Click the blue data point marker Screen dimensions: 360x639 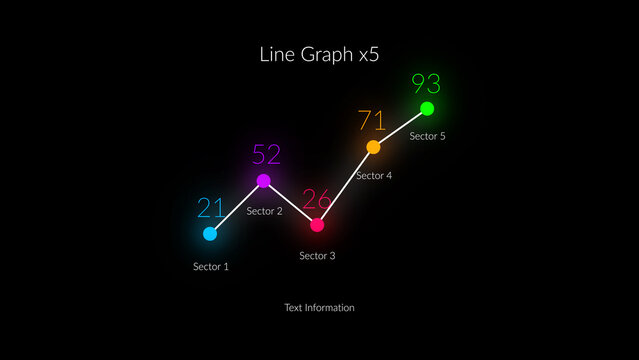coord(210,234)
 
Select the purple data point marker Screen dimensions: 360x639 coord(264,181)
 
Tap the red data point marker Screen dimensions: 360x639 coord(317,225)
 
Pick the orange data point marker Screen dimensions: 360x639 coord(373,147)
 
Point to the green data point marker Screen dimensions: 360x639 coord(427,108)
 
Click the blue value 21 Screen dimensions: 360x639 coord(211,208)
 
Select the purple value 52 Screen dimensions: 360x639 coord(266,155)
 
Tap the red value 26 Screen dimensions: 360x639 coord(317,199)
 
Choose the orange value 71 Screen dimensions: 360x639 coord(372,122)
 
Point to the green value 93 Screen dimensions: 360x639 coord(426,84)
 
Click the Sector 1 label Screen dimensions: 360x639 coord(211,267)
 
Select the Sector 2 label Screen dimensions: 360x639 coord(265,211)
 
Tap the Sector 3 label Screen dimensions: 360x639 coord(317,256)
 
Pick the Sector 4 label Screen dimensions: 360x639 coord(374,176)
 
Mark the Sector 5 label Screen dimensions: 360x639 coord(428,136)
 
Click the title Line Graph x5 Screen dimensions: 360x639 coord(319,55)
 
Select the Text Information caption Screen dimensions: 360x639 coord(319,308)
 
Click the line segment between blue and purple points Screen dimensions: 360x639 coord(237,207)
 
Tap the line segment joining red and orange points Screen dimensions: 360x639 coord(345,186)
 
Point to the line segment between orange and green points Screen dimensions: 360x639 coord(400,128)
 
